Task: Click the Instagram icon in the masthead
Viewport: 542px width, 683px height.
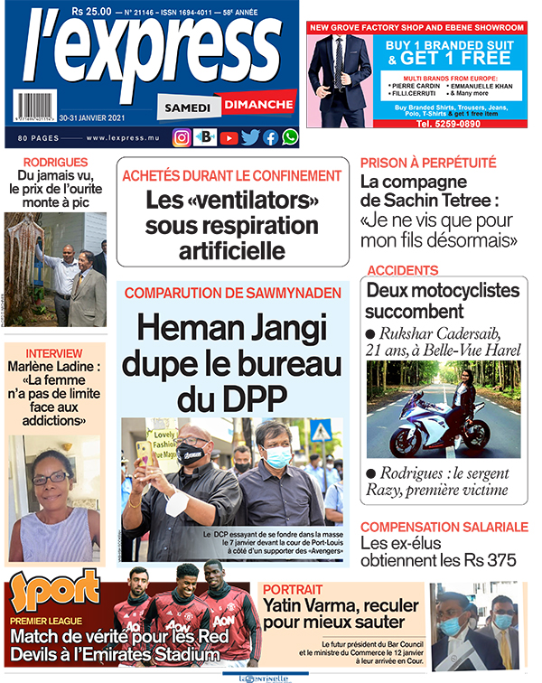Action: [x=182, y=137]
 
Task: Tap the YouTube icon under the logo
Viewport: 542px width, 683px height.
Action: [x=229, y=137]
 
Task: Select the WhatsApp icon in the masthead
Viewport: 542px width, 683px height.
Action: [x=289, y=137]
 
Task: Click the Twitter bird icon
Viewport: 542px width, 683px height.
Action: [x=250, y=137]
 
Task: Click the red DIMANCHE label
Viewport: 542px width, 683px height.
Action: [x=256, y=105]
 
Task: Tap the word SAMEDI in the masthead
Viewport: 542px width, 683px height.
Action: [x=188, y=108]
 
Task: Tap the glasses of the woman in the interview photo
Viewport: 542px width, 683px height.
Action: [x=51, y=479]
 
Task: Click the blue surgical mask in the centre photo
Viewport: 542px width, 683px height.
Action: [x=278, y=458]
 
